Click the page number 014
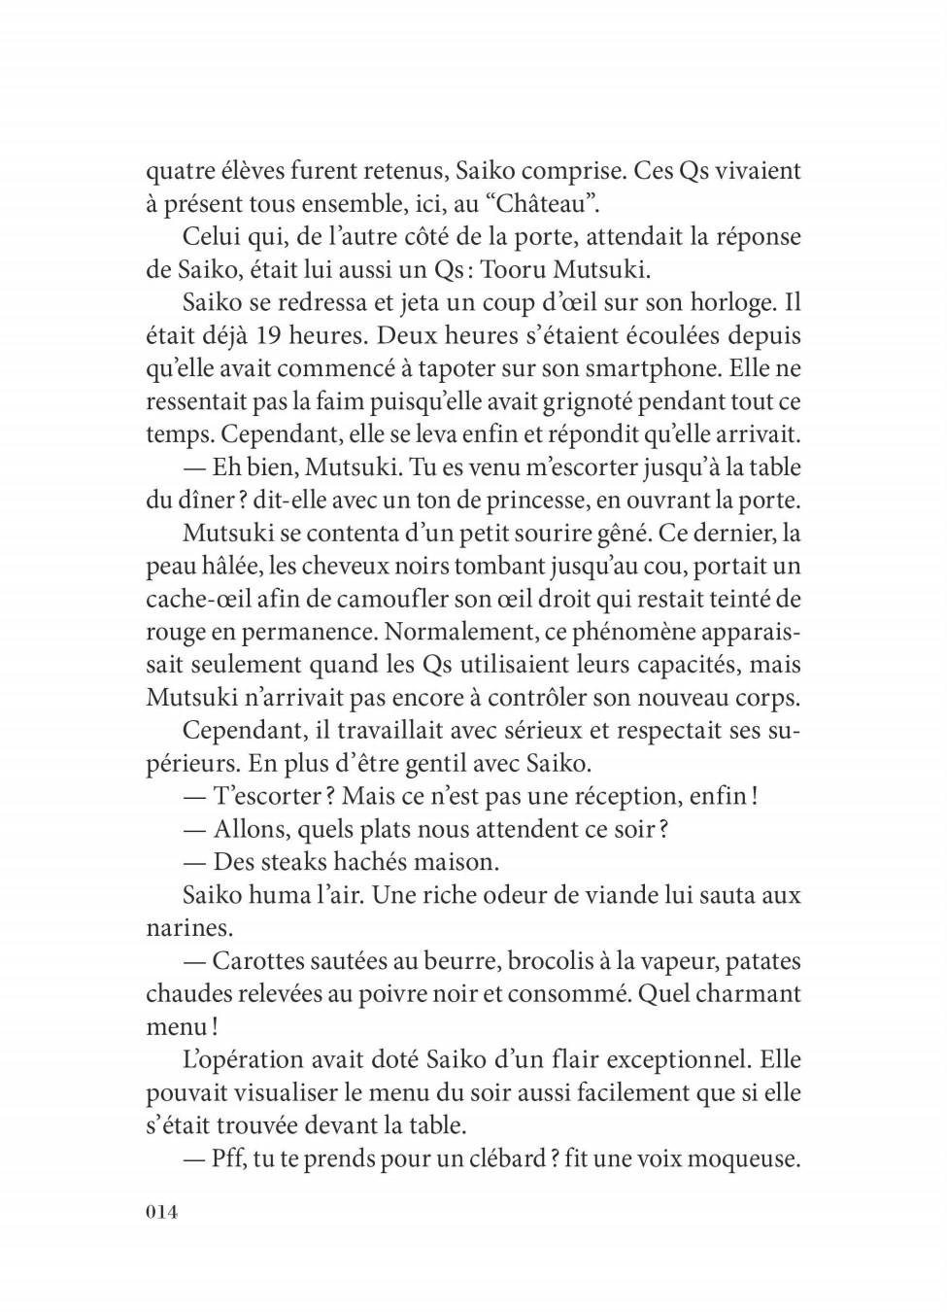pos(162,1212)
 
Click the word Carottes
pos(262,961)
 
